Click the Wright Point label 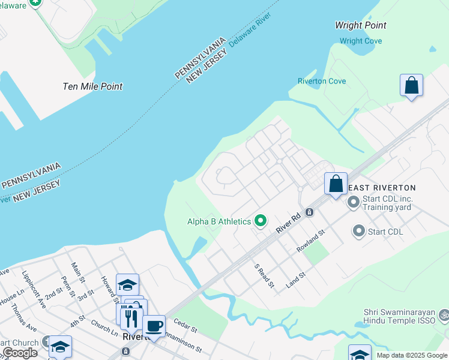click(360, 25)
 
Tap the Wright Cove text click(360, 41)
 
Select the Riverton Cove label click(322, 81)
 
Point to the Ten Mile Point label click(92, 86)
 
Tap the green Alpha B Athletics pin click(261, 221)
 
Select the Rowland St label click(310, 240)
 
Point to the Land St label click(296, 280)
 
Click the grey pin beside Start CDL click(359, 230)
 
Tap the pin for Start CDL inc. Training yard click(353, 202)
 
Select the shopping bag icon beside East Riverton click(336, 183)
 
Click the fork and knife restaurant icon click(131, 317)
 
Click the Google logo click(20, 353)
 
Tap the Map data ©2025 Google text click(412, 355)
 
